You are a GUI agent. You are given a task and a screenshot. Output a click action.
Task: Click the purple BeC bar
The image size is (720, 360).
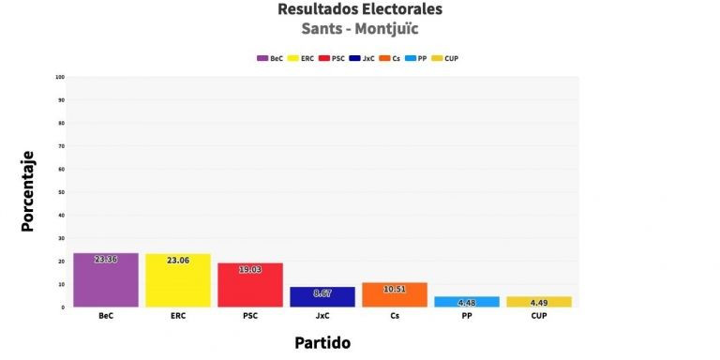tap(106, 279)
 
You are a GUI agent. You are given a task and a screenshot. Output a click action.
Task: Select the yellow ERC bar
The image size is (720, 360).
tap(178, 280)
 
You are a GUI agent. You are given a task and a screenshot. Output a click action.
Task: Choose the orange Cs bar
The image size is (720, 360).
tap(395, 294)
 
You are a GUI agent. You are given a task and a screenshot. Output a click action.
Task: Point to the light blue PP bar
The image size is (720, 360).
tap(467, 301)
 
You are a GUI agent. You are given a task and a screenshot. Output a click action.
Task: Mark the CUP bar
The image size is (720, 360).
tap(539, 301)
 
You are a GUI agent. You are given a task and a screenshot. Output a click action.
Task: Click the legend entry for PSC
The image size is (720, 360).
tap(330, 58)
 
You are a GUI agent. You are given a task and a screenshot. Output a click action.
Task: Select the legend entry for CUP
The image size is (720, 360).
tap(444, 58)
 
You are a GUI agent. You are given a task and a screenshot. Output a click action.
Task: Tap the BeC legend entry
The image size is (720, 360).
tap(270, 58)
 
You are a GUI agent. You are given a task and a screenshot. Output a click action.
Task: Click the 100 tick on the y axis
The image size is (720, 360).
tap(60, 77)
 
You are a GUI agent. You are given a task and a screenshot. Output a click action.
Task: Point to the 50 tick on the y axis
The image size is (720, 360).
tap(61, 192)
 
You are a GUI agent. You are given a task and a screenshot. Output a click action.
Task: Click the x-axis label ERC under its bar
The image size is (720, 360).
tap(178, 316)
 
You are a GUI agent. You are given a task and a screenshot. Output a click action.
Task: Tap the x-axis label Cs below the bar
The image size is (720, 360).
tap(395, 316)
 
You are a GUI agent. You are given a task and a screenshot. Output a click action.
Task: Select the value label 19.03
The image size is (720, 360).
tap(250, 269)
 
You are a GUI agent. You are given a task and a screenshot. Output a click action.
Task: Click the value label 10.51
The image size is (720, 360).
tap(395, 289)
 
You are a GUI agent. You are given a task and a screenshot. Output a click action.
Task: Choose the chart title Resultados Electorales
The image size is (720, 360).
tap(360, 9)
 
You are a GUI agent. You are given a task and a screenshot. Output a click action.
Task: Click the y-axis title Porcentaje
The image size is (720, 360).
tap(28, 191)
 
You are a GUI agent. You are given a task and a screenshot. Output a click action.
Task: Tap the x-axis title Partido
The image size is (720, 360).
tap(322, 342)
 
